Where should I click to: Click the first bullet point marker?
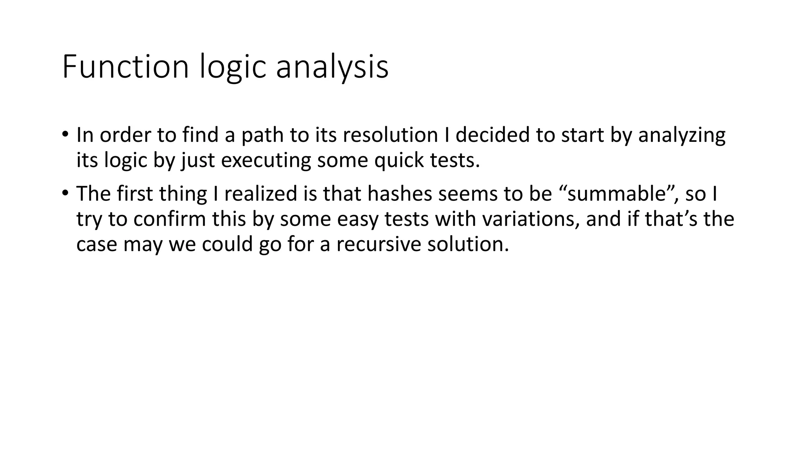click(x=65, y=135)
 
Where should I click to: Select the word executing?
click(x=266, y=160)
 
